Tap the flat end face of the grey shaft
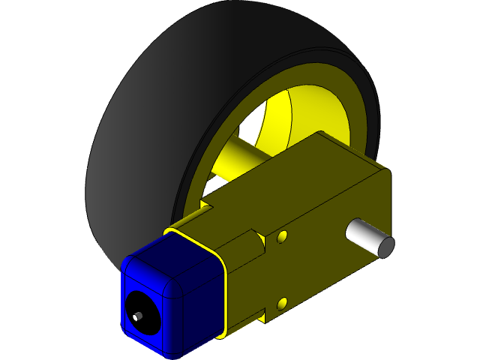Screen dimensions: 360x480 pos(383,247)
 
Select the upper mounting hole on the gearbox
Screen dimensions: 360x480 pos(282,237)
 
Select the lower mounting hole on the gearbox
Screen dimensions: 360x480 pos(282,303)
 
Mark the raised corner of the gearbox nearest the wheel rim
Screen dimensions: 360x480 pos(322,136)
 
